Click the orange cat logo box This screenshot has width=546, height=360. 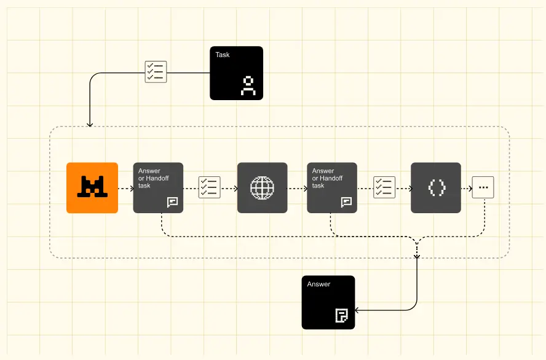coord(92,188)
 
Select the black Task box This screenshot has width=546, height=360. coord(236,73)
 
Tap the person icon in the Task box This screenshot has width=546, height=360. coord(248,86)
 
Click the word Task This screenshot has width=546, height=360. coord(223,55)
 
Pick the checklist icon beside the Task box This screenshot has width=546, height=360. coord(155,71)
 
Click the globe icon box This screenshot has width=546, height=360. coord(262,188)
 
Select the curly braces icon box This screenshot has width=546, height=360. coord(436,188)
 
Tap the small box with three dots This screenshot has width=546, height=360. coord(483,188)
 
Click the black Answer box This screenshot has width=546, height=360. coord(328,302)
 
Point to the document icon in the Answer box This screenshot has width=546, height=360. coord(341,316)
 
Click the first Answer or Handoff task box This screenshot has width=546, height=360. coord(158,188)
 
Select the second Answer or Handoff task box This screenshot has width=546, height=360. coord(332,188)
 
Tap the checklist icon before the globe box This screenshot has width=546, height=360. coord(209,187)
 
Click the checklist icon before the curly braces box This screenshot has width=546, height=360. coord(384,187)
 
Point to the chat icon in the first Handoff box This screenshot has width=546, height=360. coord(172,202)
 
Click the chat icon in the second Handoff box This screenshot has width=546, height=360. coord(347,202)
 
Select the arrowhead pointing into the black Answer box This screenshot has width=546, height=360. coord(358,310)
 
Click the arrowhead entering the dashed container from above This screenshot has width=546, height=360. coord(90,124)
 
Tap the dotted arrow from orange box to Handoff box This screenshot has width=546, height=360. coord(125,188)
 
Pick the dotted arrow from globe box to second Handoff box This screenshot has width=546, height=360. coord(297,188)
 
